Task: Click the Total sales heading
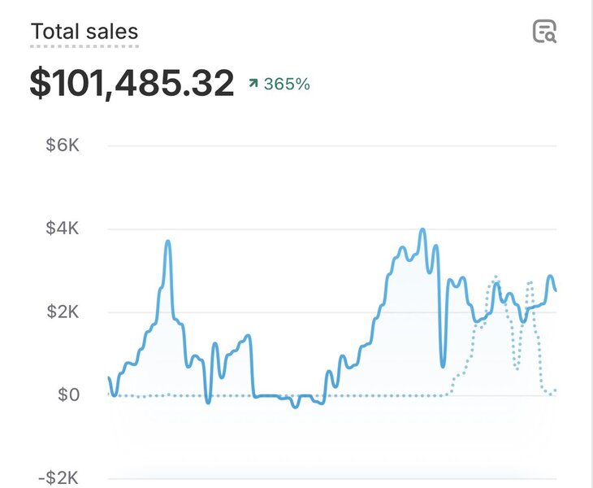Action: coord(84,32)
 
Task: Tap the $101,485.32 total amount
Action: coord(132,84)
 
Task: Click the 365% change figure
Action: coord(286,84)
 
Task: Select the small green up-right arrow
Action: coord(253,84)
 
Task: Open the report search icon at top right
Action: coord(544,32)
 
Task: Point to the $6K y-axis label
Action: coord(64,146)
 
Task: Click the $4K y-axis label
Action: coord(64,229)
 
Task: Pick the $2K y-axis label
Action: coord(64,312)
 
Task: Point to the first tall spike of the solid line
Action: coord(168,242)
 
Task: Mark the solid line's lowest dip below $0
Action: coord(296,406)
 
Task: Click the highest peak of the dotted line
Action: coord(496,277)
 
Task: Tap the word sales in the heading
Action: coord(115,32)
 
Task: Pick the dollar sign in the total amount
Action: coord(39,84)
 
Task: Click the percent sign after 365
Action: coord(303,84)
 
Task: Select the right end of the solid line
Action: coord(556,290)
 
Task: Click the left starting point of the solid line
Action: coord(109,378)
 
